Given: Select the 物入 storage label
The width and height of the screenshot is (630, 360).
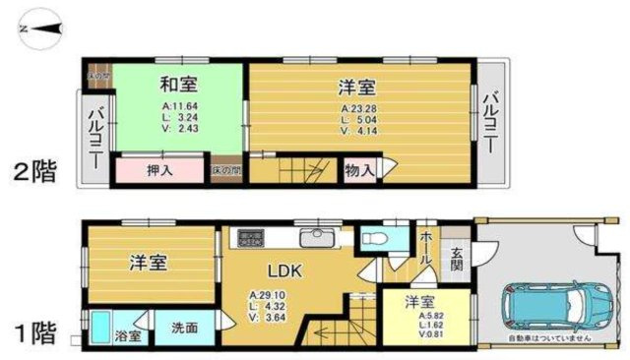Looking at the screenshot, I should point(358,170).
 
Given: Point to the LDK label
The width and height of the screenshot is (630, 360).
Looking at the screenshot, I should point(289,269).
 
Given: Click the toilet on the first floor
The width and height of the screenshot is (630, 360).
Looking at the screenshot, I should point(377,238).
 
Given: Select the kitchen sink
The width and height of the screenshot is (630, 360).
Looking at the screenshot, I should point(317,238).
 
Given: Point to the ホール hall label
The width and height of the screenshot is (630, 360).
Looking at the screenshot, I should point(425,247).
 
